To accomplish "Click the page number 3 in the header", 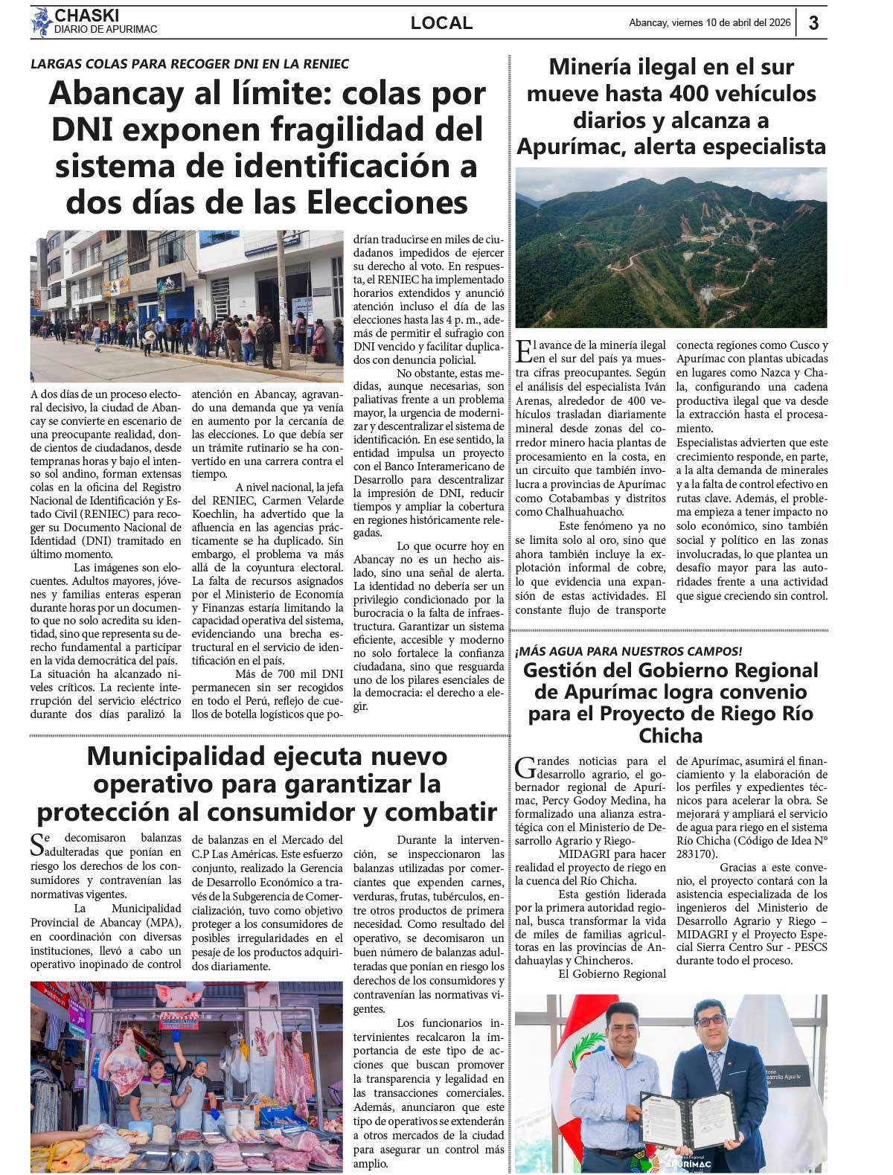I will coord(813,23).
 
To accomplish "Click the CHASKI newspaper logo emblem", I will coord(41,22).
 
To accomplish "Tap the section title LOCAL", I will coord(441,23).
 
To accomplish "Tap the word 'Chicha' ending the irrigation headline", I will coord(670,736).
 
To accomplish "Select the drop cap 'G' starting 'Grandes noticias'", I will coord(525,765).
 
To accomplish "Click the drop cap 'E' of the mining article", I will coord(524,350).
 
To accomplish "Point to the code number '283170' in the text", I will coord(695,854).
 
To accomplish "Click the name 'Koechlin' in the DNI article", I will coord(217,514).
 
